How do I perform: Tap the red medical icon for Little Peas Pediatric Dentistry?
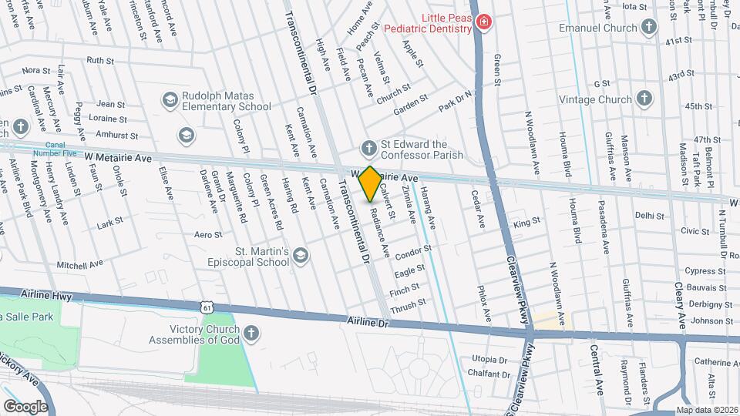click(483, 22)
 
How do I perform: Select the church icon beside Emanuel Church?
click(649, 28)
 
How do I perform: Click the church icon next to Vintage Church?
click(644, 99)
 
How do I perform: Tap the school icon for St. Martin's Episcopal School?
click(300, 256)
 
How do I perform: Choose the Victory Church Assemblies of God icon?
click(251, 333)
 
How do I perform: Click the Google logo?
click(25, 406)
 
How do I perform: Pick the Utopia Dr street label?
click(489, 360)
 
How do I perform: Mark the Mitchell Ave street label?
click(79, 263)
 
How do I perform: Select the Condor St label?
click(412, 253)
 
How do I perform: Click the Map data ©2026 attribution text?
click(707, 410)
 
